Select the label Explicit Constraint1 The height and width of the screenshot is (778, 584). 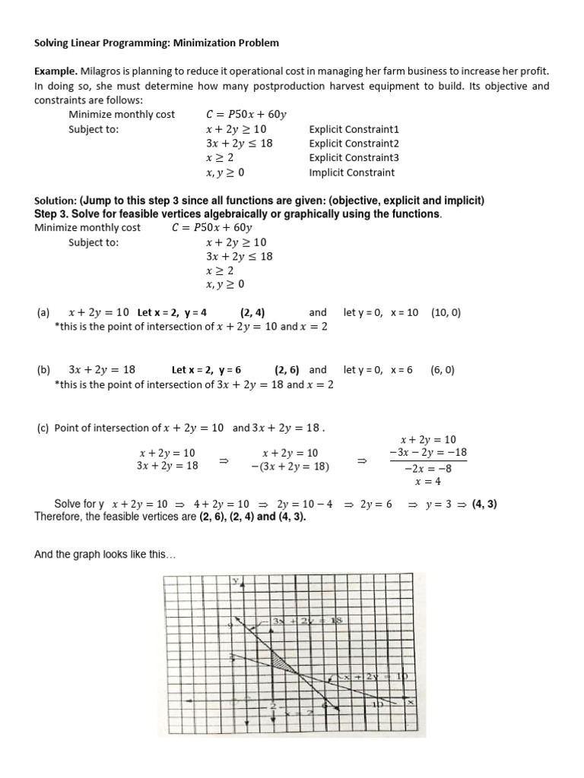click(x=354, y=129)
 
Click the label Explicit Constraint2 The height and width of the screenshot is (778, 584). click(x=354, y=144)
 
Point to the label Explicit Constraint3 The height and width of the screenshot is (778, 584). click(x=354, y=158)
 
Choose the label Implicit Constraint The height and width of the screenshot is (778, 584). click(x=352, y=172)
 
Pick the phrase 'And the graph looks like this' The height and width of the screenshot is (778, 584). click(x=105, y=555)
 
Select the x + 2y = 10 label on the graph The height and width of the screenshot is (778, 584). click(x=373, y=676)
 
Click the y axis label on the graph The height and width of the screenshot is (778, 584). click(x=236, y=581)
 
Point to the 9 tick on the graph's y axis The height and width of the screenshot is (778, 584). click(x=230, y=625)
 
